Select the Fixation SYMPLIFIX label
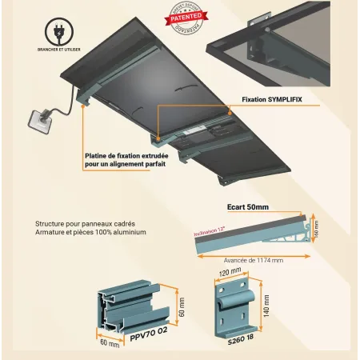tap(271, 100)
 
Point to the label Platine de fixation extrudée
tap(126, 157)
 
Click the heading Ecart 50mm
tap(247, 207)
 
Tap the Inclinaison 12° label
tap(210, 233)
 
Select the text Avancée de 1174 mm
tap(253, 260)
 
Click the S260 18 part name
tap(241, 339)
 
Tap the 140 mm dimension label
tap(267, 305)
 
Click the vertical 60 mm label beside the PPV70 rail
tap(182, 306)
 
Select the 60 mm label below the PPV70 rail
tap(109, 343)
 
